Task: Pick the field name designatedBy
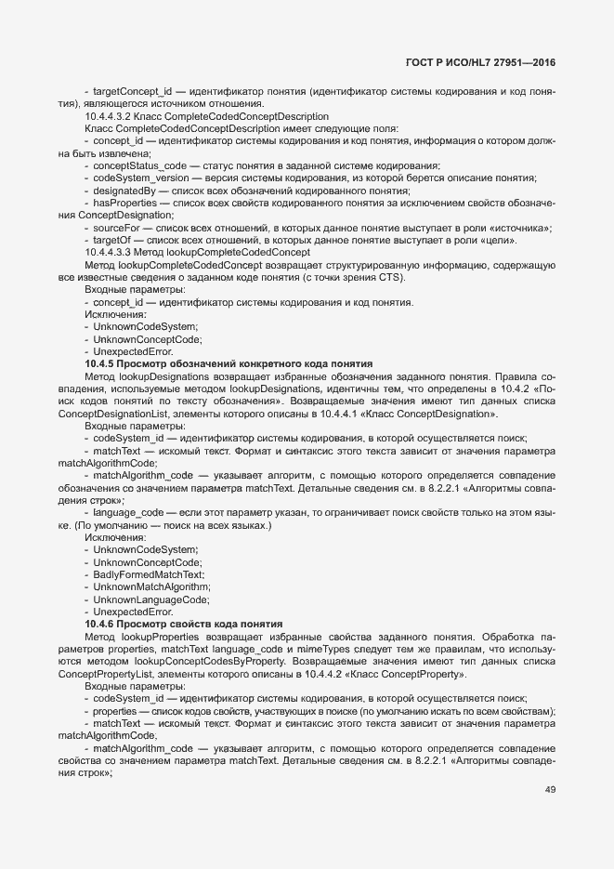click(124, 190)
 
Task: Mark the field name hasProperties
click(126, 202)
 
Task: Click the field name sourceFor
click(117, 227)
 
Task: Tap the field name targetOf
click(112, 239)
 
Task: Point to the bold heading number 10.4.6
click(100, 623)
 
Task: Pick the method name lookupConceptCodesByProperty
click(204, 661)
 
